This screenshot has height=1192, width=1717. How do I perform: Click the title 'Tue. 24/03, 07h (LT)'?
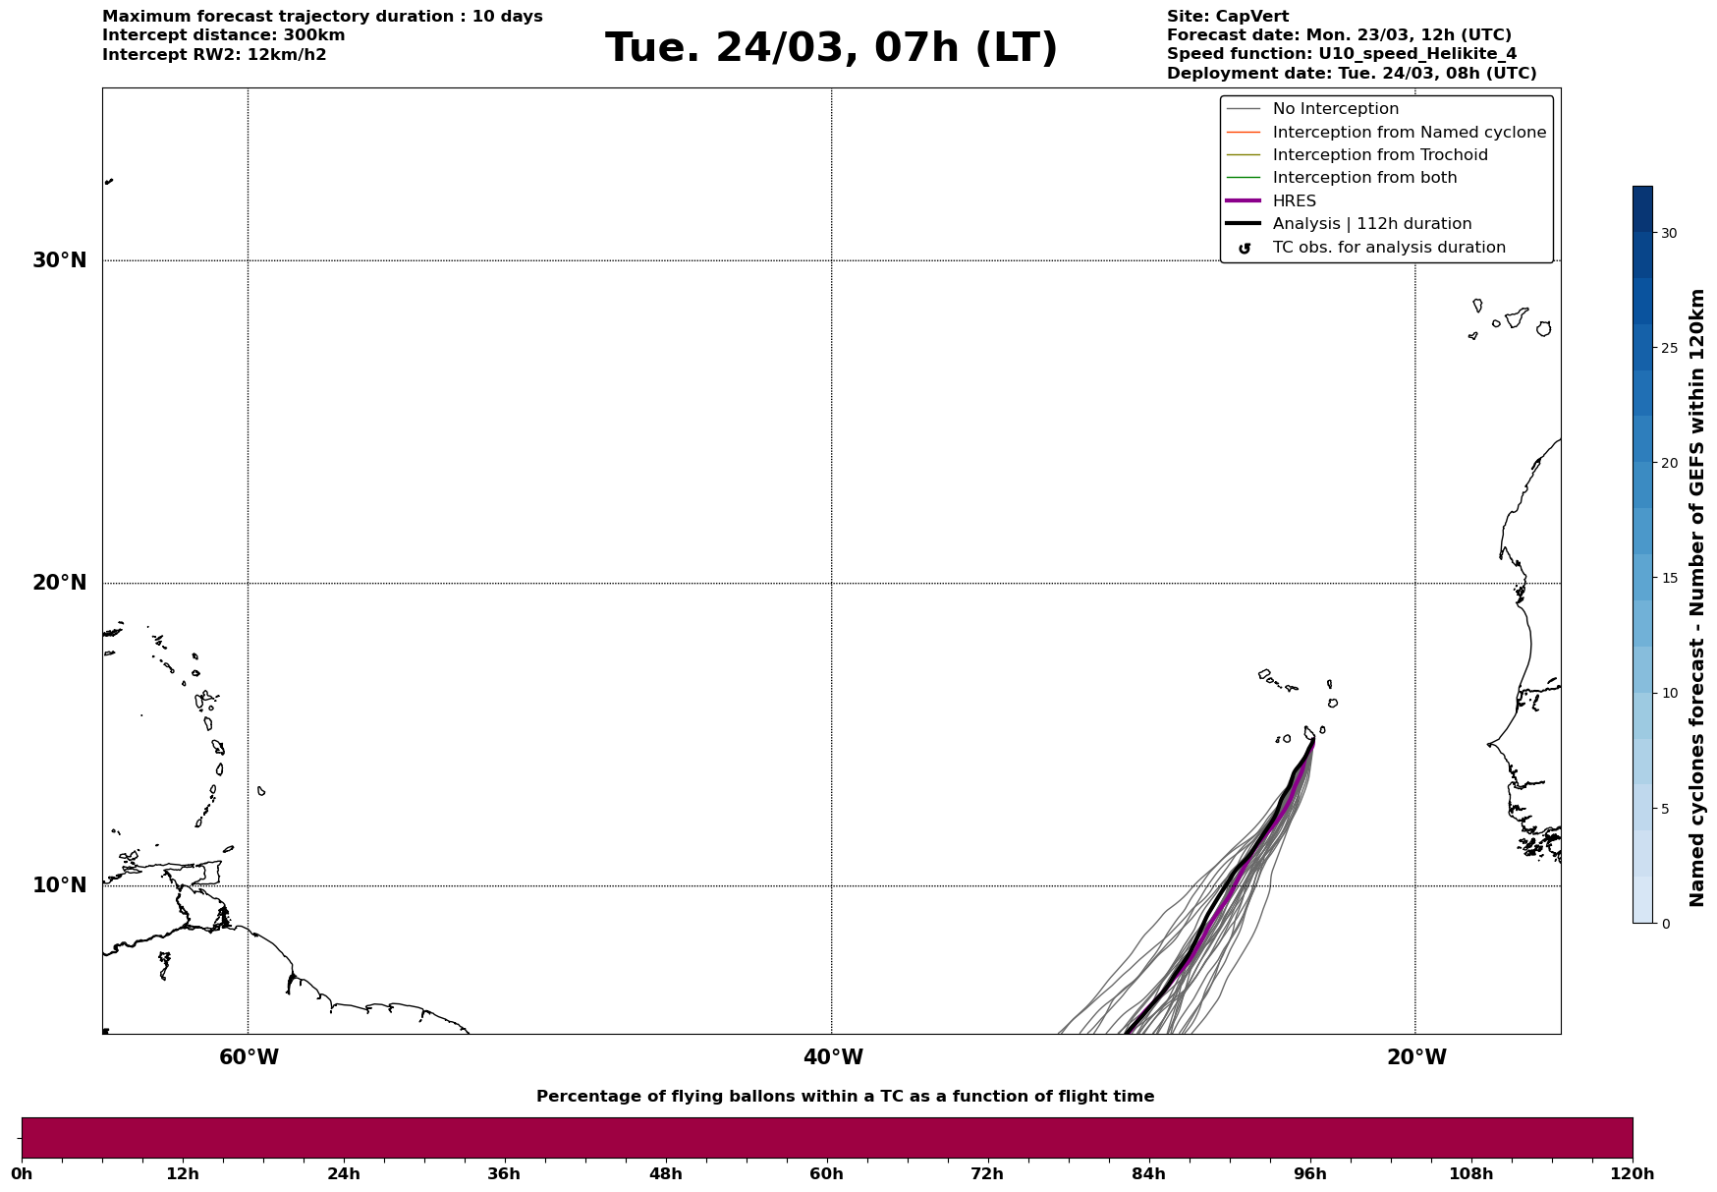[x=831, y=48]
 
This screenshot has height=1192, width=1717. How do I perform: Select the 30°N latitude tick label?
[x=60, y=260]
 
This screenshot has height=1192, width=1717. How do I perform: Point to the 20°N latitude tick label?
[x=60, y=583]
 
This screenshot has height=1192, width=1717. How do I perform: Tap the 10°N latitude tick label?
[x=60, y=885]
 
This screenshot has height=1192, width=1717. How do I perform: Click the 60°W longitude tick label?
[x=249, y=1057]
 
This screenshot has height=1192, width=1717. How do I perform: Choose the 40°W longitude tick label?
[x=833, y=1057]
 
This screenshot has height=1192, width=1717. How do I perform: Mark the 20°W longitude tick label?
[x=1416, y=1057]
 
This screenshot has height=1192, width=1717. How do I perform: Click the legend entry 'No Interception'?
[x=1335, y=109]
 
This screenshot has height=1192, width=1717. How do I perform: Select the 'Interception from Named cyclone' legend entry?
[x=1409, y=133]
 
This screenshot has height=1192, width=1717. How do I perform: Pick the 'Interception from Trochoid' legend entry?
[x=1379, y=155]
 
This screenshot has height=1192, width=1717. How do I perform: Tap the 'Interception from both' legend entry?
[x=1364, y=178]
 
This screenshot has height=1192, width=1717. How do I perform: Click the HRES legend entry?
[x=1294, y=201]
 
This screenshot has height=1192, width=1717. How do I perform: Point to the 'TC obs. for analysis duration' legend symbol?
[x=1245, y=249]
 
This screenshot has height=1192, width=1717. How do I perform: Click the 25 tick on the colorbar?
[x=1669, y=348]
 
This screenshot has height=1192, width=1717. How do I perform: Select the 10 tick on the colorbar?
[x=1669, y=693]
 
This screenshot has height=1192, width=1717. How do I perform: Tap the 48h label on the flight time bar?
[x=665, y=1173]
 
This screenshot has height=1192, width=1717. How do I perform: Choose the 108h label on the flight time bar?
[x=1470, y=1173]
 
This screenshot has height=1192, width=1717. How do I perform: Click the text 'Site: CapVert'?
[x=1228, y=17]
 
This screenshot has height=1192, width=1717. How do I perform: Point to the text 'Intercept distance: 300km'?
[x=223, y=35]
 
